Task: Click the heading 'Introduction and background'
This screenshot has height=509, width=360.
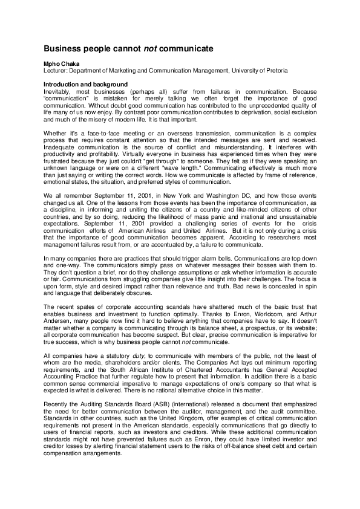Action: pos(85,83)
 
